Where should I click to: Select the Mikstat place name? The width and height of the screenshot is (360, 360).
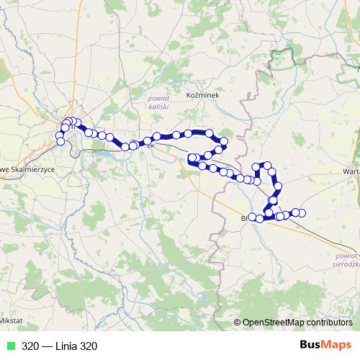point(11,319)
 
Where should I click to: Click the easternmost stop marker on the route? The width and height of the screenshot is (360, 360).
point(302,212)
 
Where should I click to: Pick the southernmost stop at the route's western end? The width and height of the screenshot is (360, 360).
point(60,141)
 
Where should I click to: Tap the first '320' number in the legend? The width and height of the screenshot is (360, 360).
point(30,346)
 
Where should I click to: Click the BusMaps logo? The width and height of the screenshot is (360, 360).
point(325,345)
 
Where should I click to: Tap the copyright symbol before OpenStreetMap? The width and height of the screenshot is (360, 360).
point(238,323)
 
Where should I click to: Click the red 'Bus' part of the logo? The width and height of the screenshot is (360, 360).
point(312,345)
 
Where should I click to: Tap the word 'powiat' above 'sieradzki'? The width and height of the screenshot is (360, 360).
point(347,255)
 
